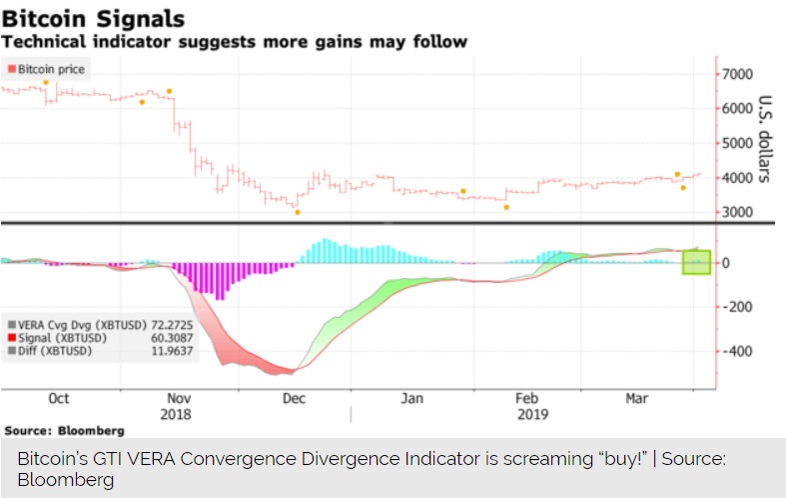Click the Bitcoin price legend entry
47,69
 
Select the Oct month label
59,398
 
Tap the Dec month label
294,398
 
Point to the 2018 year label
176,413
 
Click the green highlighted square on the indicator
696,262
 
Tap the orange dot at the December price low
297,212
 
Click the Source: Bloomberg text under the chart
65,430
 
